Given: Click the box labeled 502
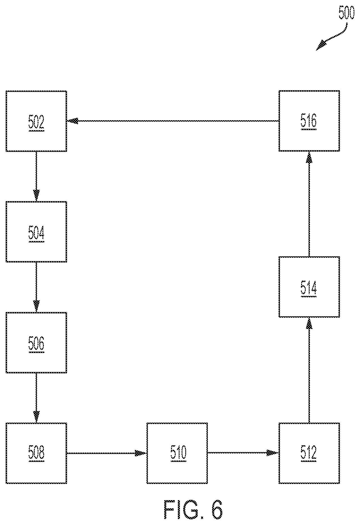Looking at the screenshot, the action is pos(36,121).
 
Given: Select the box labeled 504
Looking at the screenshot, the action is pos(36,232).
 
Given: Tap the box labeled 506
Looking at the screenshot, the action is pos(36,343).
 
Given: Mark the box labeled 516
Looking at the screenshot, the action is pos(309,121).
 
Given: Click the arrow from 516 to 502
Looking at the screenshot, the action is pos(173,121).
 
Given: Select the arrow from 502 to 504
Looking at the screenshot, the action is pos(36,177).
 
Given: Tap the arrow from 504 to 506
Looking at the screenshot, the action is pos(36,287).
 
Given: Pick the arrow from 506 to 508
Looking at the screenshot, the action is pos(36,398).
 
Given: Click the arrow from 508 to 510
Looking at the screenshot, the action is pos(107,453).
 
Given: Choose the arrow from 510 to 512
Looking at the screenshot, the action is pos(243,453).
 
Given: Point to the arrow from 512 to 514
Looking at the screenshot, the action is pos(309,370).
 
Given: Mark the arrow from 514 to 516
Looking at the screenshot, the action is pos(309,204).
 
